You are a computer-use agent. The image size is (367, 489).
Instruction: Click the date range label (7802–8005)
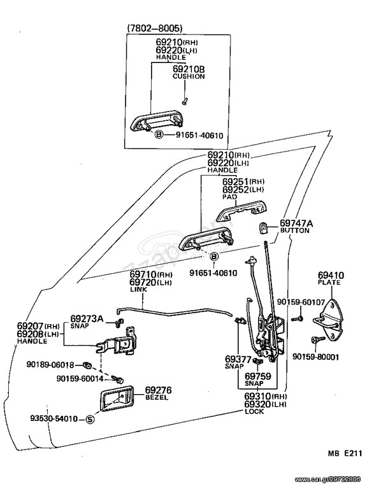pos(154,29)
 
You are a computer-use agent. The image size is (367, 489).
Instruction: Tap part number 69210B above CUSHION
pos(189,69)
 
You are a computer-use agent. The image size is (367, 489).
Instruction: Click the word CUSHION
pos(189,76)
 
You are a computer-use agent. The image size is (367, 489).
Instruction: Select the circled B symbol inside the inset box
pos(159,135)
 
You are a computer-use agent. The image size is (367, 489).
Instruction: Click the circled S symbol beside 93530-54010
pos(90,419)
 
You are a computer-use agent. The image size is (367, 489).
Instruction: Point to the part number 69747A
pos(296,223)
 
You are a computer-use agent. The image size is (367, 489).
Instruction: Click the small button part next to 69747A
pos(264,228)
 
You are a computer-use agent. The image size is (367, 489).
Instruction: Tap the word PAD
pos(229,197)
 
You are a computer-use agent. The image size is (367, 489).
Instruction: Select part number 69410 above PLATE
pos(331,275)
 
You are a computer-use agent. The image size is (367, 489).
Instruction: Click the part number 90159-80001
pos(315,357)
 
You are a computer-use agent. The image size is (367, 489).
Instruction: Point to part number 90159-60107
pos(301,302)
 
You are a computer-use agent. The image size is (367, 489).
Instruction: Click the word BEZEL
pos(157,397)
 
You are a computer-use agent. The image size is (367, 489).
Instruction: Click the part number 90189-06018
pos(50,365)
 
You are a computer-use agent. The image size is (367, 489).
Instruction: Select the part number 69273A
pos(87,319)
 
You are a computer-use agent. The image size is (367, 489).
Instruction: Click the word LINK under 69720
pos(138,290)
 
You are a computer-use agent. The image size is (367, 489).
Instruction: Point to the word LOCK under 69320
pos(255,412)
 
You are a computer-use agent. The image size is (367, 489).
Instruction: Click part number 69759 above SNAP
pos(258,376)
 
